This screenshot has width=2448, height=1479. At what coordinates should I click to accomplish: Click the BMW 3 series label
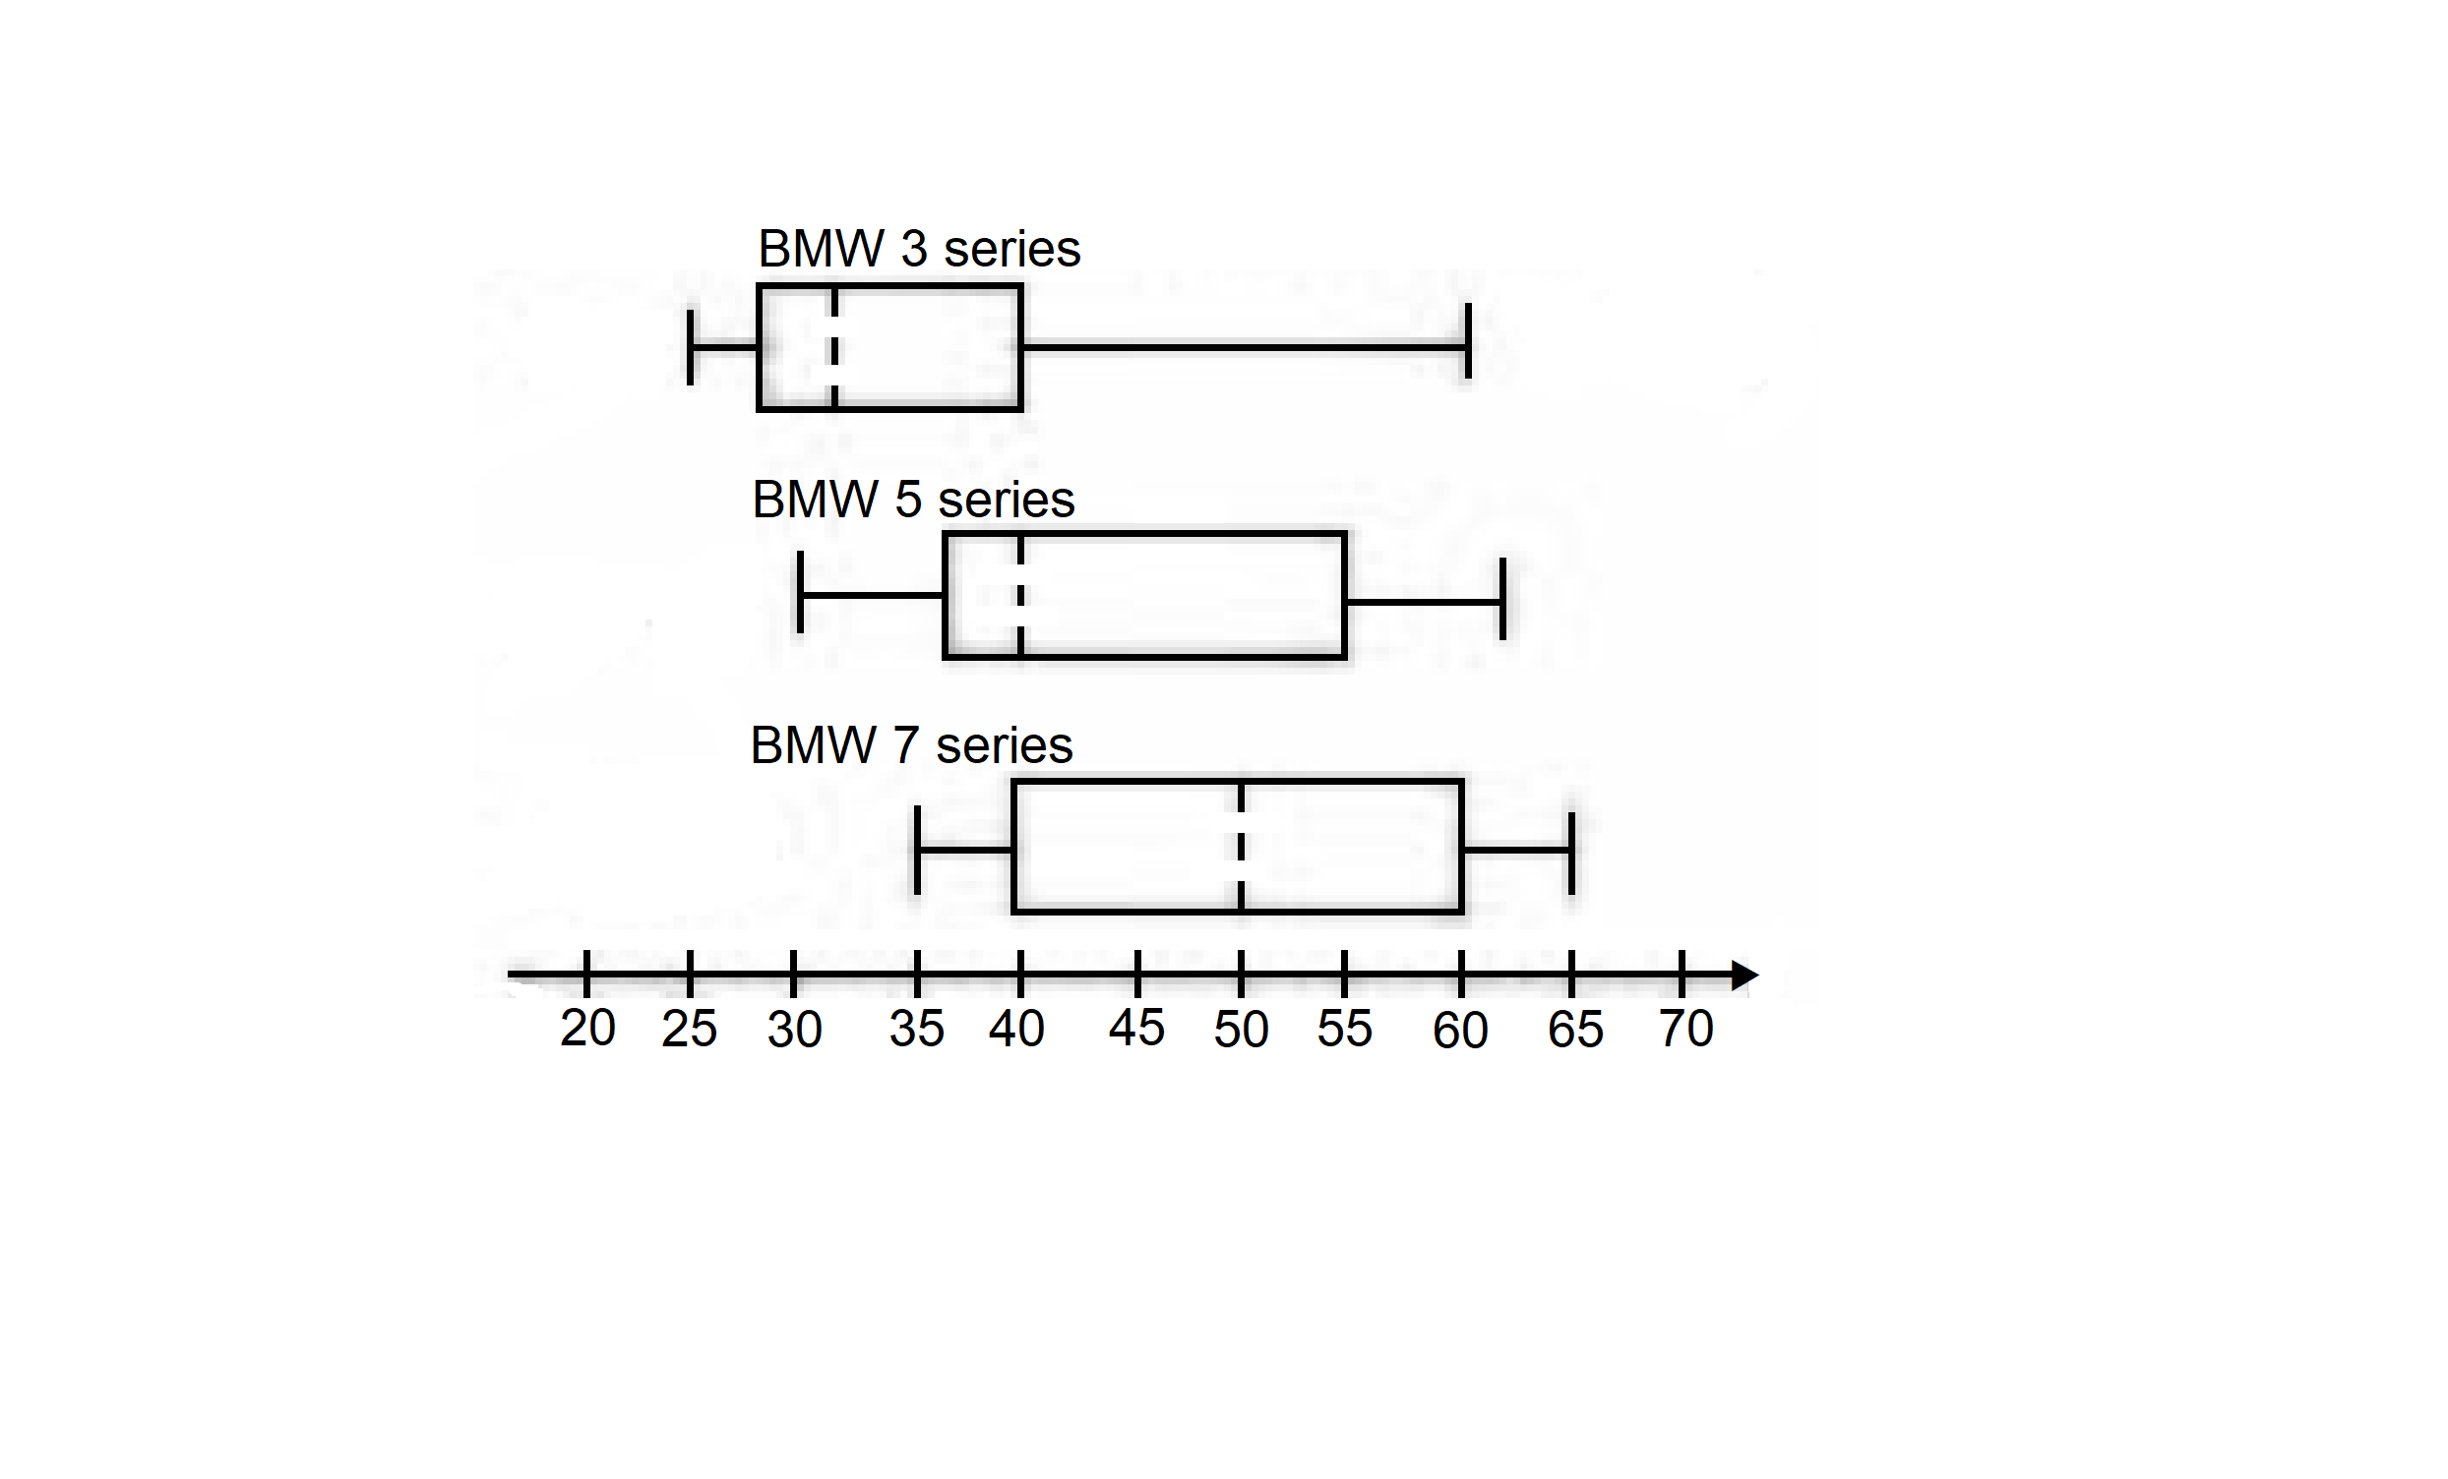tap(919, 249)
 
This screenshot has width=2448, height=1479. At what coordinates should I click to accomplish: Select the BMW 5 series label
tap(913, 499)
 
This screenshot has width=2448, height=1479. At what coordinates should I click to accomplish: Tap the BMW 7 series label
tap(911, 745)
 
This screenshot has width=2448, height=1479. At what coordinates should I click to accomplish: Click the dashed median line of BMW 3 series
tap(834, 348)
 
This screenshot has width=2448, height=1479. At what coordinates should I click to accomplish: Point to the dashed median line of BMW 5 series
tap(1020, 596)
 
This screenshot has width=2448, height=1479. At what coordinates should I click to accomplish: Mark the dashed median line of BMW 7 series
tap(1241, 847)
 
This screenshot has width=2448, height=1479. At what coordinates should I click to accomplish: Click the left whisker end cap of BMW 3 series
tap(691, 348)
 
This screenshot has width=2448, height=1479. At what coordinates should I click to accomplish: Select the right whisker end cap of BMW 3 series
tap(1467, 341)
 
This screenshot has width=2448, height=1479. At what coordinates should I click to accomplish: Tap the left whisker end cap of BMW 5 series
tap(800, 592)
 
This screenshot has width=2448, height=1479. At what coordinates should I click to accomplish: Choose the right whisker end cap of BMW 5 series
tap(1502, 599)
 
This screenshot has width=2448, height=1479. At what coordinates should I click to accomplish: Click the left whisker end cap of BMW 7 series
tap(917, 851)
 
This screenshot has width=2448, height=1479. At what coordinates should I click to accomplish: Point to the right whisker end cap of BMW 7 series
tap(1571, 854)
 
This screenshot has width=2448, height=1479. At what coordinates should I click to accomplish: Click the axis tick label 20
tap(587, 1028)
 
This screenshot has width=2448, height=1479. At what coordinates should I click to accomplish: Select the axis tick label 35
tap(916, 1029)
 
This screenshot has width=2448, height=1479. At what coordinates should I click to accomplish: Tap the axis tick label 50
tap(1241, 1030)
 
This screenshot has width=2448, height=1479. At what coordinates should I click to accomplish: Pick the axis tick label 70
tap(1685, 1029)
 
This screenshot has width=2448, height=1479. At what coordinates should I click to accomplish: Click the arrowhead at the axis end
tap(1744, 976)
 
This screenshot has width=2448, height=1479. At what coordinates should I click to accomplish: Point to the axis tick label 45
tap(1136, 1028)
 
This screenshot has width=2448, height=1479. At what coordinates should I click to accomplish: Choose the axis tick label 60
tap(1459, 1031)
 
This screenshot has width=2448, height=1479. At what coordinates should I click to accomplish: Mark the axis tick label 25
tap(689, 1029)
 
